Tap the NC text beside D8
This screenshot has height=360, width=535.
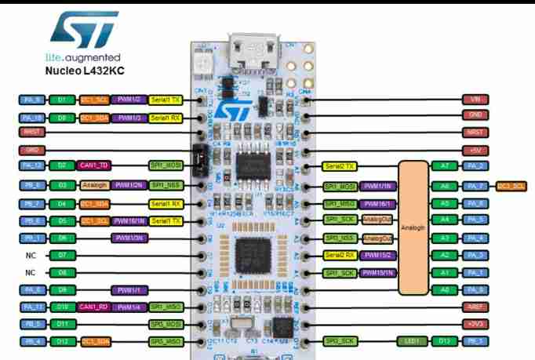point(31,273)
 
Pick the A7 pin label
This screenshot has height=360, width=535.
point(445,166)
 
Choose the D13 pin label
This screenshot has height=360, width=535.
point(445,340)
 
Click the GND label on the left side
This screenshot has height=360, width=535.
point(32,149)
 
